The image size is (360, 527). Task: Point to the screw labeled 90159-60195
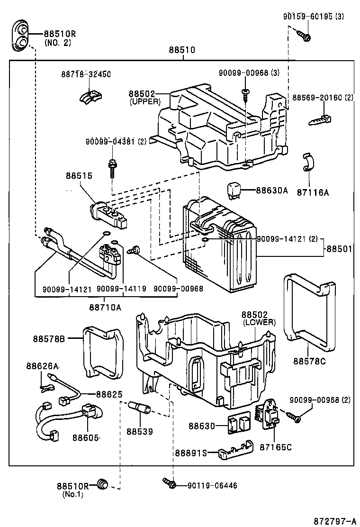(x=303, y=35)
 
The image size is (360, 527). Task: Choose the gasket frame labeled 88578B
(x=102, y=352)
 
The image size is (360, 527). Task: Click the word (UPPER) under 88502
(x=145, y=101)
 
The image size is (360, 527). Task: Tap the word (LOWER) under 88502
(x=259, y=322)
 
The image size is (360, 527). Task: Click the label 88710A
(x=105, y=307)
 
